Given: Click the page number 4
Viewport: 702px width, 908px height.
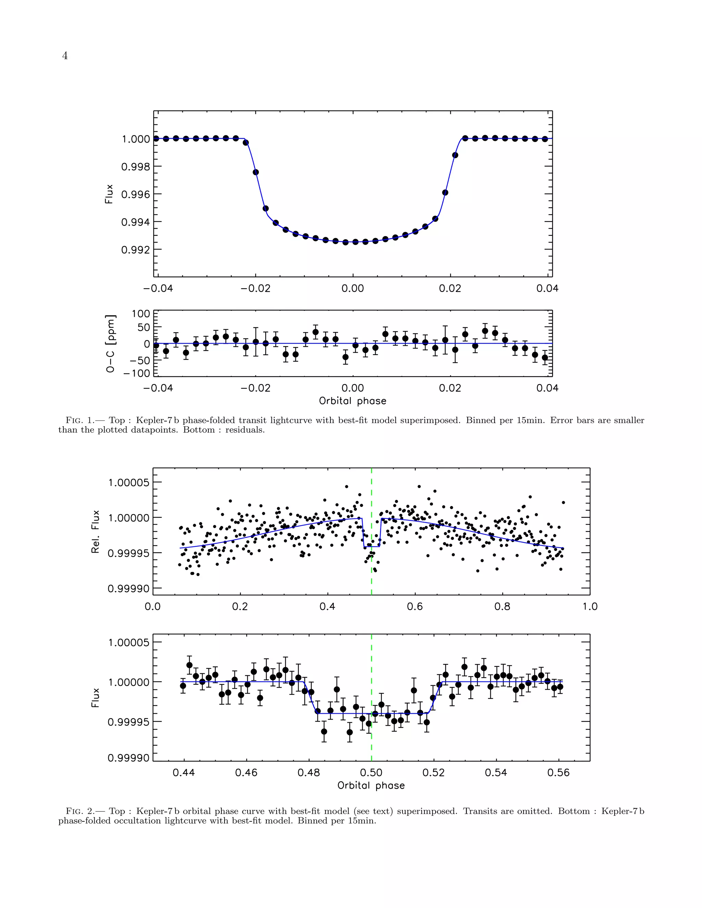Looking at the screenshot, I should pyautogui.click(x=65, y=56).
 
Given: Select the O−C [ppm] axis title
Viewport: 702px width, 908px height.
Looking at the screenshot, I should pyautogui.click(x=111, y=343).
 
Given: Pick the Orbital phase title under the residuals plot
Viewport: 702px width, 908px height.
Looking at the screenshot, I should pyautogui.click(x=353, y=401).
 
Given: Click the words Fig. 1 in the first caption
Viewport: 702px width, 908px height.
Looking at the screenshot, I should pyautogui.click(x=81, y=420).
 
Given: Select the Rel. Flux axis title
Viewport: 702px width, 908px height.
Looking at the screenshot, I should pyautogui.click(x=96, y=532).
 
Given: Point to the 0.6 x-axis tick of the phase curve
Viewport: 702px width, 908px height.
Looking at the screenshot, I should pyautogui.click(x=415, y=606).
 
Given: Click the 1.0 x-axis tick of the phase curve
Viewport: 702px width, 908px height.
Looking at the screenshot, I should pyautogui.click(x=590, y=606).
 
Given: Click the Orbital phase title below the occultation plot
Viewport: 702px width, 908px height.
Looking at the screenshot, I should pyautogui.click(x=371, y=785).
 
